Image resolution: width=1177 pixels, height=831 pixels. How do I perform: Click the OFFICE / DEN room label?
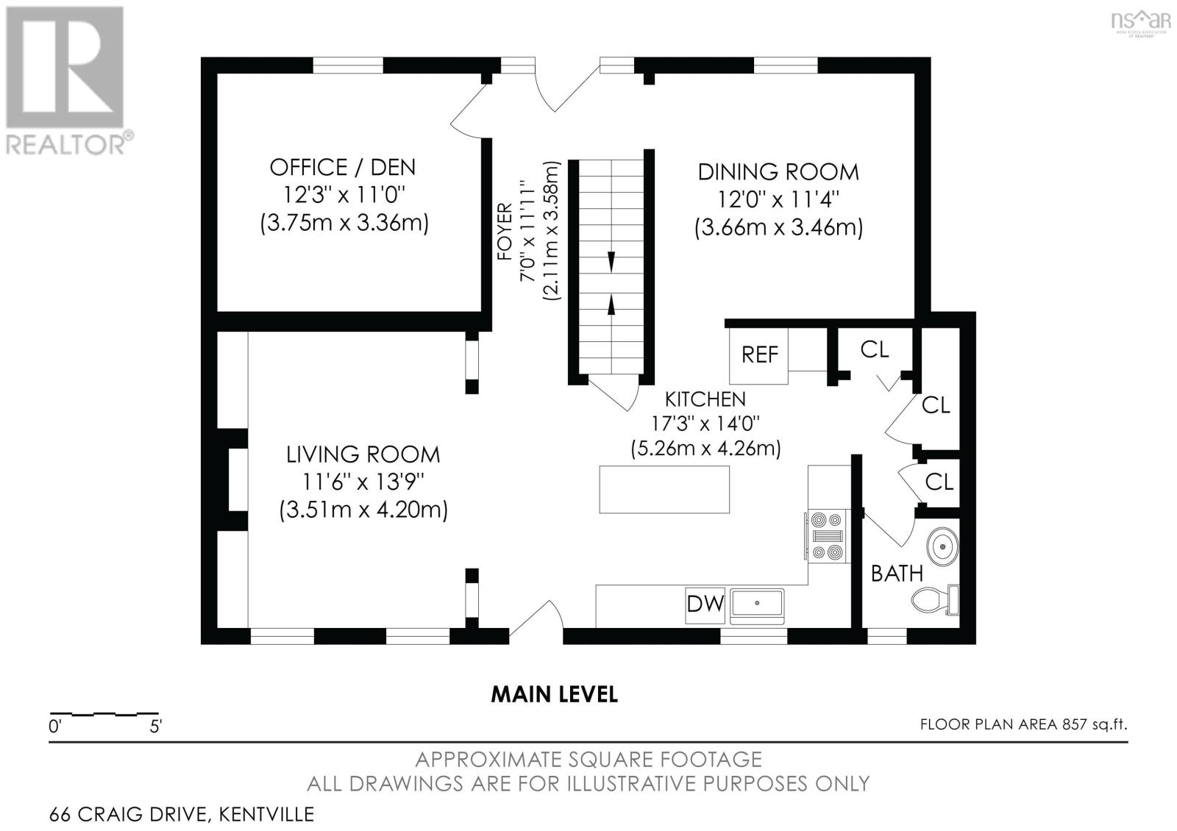(x=343, y=168)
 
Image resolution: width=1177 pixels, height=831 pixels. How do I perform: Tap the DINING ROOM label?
(x=778, y=172)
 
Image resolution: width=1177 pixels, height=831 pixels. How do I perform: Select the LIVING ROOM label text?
(x=363, y=454)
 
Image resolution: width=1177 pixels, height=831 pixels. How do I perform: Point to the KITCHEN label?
(x=705, y=399)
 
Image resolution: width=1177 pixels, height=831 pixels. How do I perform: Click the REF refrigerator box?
(x=758, y=355)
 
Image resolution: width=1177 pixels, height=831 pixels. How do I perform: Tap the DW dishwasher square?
(x=705, y=604)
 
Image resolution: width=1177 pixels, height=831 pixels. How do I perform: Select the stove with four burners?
(x=828, y=536)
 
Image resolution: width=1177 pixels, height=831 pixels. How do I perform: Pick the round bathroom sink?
(x=942, y=546)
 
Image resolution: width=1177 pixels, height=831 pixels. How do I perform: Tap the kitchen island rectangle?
(x=664, y=490)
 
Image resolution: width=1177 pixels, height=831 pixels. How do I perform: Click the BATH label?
(x=897, y=574)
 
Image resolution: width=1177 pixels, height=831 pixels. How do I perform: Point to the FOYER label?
(x=505, y=232)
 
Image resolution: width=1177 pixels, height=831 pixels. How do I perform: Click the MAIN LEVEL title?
(x=555, y=695)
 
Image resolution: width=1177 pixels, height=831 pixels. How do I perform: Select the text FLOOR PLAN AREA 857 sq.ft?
(x=1023, y=724)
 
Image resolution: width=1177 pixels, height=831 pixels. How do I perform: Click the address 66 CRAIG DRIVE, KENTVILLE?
(x=182, y=814)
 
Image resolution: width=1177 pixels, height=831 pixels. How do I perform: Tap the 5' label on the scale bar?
(x=156, y=727)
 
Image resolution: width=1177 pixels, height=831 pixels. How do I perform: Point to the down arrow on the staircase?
(x=611, y=262)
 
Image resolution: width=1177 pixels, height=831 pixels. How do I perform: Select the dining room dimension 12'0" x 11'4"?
(x=779, y=199)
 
